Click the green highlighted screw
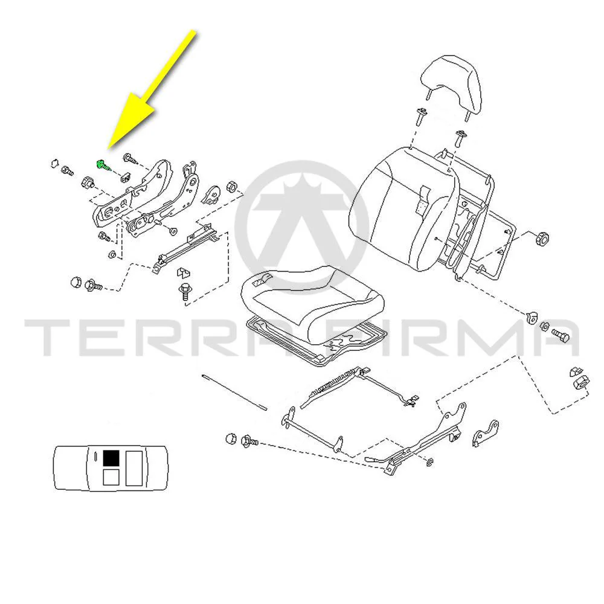pos(101,165)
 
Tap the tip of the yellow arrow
pos(109,149)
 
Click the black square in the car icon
pos(111,458)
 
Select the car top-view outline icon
pos(111,467)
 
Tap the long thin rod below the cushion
pos(234,391)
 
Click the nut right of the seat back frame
pos(542,239)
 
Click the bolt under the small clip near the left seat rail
pos(185,292)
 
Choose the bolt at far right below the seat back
pos(561,335)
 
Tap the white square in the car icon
pos(111,477)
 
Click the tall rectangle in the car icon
pos(134,467)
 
